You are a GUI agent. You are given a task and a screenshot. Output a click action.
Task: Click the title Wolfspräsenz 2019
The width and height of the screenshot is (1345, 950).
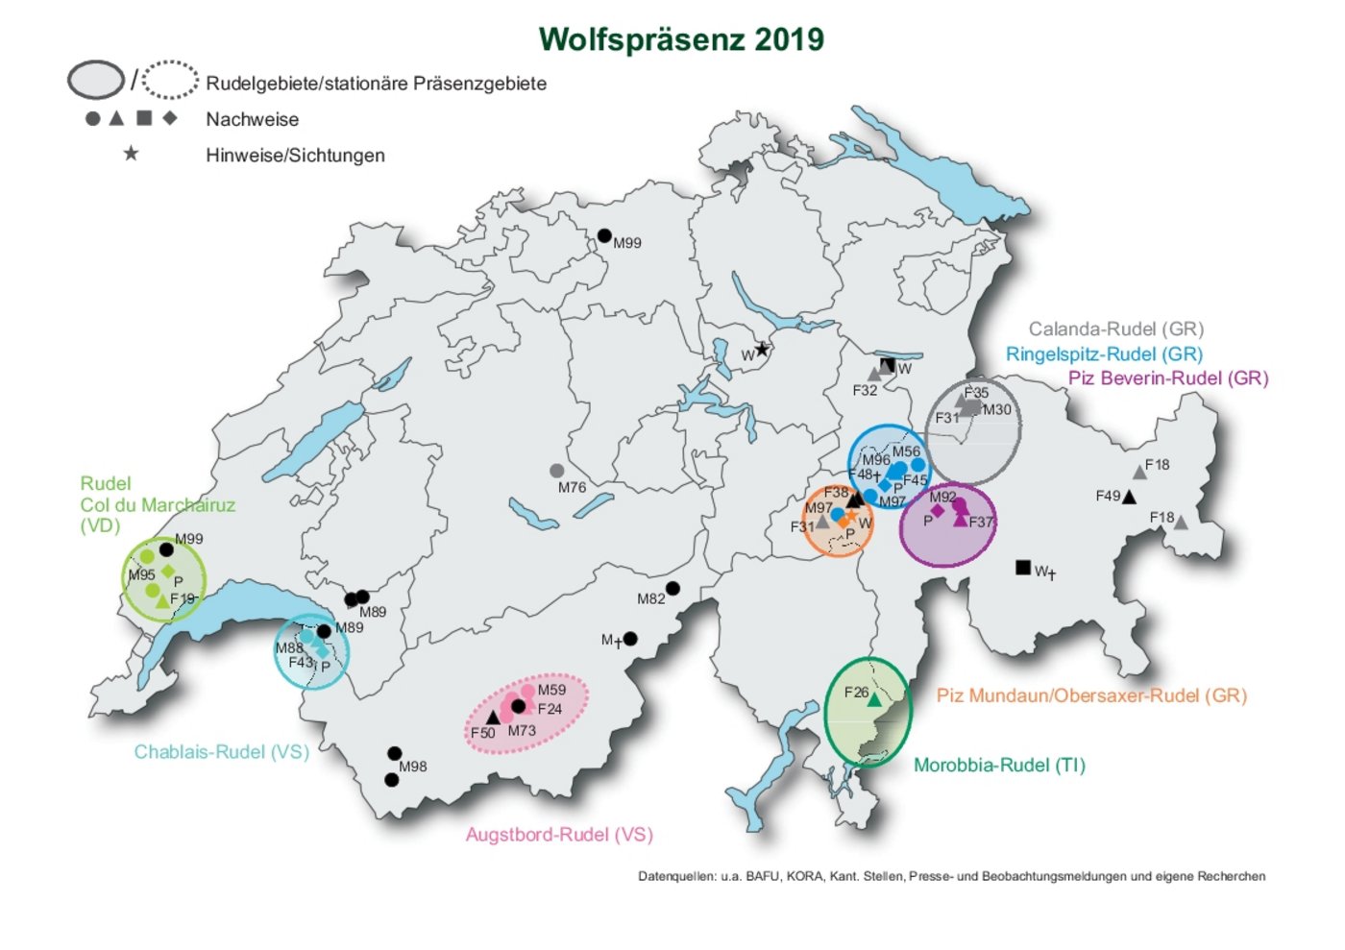pos(680,39)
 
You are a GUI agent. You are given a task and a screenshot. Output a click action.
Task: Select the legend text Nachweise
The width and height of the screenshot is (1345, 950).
pos(252,119)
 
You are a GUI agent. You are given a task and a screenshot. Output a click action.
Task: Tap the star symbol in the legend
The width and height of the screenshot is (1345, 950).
pos(131,154)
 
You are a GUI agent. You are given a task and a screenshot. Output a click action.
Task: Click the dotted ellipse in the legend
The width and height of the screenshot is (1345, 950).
pos(170,80)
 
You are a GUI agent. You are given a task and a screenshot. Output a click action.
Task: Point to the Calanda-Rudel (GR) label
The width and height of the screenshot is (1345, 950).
pos(1115,329)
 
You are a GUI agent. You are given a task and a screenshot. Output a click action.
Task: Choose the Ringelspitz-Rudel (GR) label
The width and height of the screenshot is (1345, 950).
pos(1104,353)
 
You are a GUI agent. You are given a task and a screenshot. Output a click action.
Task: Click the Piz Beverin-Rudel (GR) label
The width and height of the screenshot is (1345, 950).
pos(1167,378)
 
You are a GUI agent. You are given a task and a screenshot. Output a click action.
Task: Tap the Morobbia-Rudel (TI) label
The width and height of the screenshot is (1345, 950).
pos(999,766)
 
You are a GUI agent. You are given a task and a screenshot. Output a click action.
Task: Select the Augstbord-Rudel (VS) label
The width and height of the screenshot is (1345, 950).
pos(559,835)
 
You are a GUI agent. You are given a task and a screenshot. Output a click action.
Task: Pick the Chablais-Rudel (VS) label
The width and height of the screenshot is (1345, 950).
pos(221,752)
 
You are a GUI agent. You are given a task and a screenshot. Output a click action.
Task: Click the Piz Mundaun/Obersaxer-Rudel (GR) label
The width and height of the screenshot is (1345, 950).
pos(1091,695)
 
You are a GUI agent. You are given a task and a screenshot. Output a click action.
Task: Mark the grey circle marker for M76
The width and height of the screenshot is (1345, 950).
pos(556,471)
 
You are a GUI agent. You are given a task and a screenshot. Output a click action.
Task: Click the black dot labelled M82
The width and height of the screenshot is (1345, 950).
pos(672,589)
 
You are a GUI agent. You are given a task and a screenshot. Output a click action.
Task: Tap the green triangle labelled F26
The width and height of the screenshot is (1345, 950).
pos(874,700)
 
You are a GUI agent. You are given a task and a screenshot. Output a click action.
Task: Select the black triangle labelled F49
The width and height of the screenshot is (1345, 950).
pos(1129,497)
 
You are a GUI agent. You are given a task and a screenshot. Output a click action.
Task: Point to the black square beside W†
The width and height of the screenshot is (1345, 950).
pos(1023,568)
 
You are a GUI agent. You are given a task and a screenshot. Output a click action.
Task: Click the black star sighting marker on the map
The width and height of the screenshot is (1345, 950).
pos(762,350)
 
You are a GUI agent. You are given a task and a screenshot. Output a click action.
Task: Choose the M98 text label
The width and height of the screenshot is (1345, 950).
pos(413,767)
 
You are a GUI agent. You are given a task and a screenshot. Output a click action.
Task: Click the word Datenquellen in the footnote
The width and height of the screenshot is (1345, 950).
pos(676,876)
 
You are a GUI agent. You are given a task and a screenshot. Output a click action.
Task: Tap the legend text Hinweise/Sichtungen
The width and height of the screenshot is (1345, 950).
pos(295,156)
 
